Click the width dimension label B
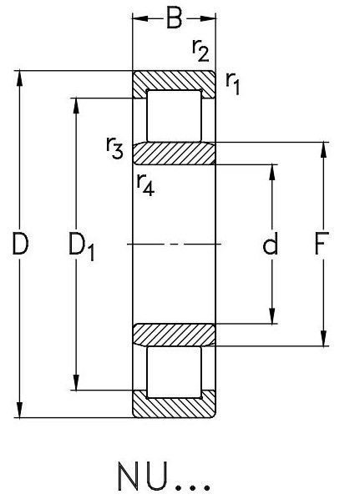pos(175,19)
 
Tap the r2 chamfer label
pos(200,51)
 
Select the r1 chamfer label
pos(232,83)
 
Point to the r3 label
pos(114,148)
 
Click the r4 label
pos(146,185)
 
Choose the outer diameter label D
pos(20,244)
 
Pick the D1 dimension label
pos(82,248)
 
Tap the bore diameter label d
pos(270,244)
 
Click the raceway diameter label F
pos(322,244)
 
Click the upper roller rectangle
pos(174,116)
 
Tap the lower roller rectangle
pos(174,372)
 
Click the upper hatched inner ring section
pos(174,154)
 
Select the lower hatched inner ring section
pos(174,335)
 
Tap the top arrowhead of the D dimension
pos(20,78)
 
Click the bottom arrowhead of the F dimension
pos(324,338)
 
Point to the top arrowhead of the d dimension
pos(272,173)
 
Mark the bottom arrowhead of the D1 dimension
pos(76,382)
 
